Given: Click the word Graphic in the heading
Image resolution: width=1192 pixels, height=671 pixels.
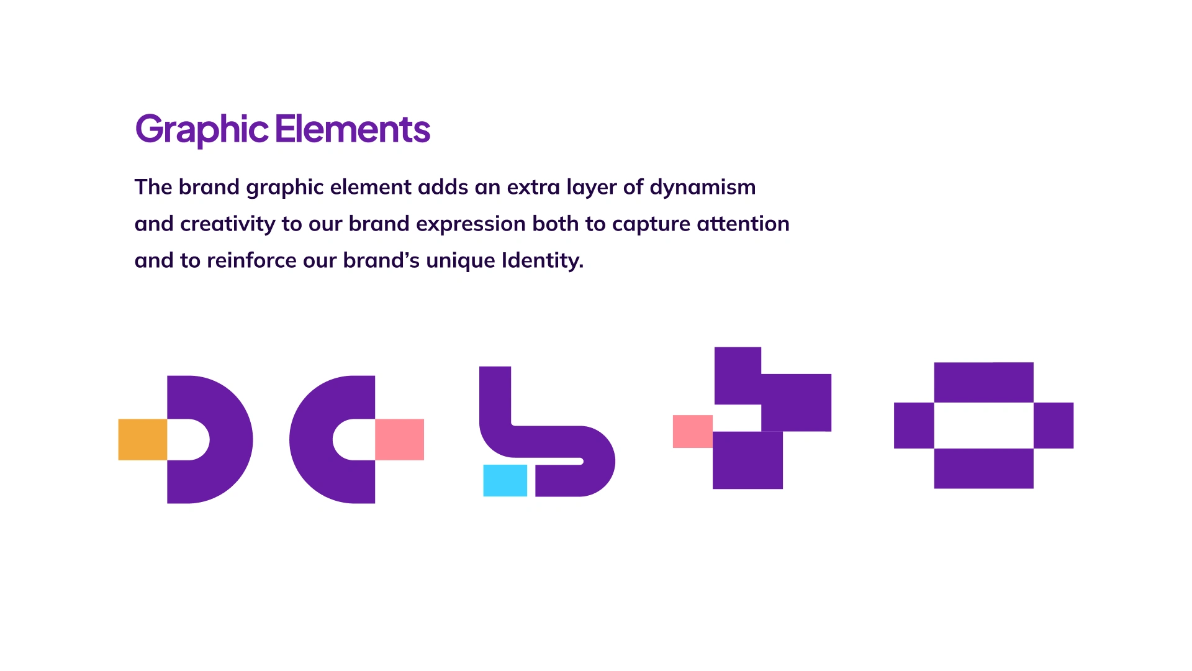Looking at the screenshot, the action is [202, 130].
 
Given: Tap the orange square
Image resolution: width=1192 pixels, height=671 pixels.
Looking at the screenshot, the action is [143, 440].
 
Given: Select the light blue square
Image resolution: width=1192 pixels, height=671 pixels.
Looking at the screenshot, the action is [505, 480].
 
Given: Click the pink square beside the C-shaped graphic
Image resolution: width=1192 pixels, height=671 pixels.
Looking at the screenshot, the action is [400, 440].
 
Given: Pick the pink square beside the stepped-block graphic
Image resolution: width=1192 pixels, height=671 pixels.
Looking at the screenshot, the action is [693, 431].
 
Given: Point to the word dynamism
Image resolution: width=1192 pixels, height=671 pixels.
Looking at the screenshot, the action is [703, 188].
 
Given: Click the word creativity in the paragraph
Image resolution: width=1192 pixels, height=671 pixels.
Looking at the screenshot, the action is [228, 224].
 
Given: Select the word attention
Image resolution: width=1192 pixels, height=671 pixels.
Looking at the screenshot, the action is [743, 224].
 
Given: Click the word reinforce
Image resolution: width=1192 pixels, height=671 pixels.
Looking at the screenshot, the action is [251, 260].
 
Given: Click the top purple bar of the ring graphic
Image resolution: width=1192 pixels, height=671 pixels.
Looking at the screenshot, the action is [984, 383].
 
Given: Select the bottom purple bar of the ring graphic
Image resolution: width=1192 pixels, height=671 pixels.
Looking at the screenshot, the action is [984, 468].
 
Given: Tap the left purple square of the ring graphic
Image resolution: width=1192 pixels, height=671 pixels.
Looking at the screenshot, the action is [914, 426].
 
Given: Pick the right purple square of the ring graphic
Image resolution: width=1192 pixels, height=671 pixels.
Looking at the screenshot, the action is [1054, 426].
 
